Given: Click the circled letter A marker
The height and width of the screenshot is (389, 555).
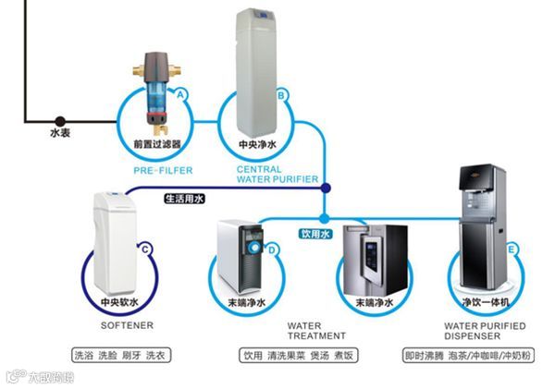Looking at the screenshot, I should click(x=181, y=94).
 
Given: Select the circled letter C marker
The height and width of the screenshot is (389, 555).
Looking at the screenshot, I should click(x=144, y=247).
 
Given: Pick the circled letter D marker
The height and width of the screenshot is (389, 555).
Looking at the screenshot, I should click(x=272, y=249).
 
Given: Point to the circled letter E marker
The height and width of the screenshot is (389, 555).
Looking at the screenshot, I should click(x=512, y=248).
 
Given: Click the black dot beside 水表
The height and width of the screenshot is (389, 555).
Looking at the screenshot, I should click(x=59, y=120).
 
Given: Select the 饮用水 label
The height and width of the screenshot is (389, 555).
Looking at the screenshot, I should click(x=316, y=235).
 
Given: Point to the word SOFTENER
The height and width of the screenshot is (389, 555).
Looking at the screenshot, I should click(x=126, y=326).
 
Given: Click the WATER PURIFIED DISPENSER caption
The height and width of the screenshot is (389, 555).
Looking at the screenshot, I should click(x=485, y=331).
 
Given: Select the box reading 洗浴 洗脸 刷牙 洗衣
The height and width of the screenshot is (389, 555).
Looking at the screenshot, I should click(x=122, y=355).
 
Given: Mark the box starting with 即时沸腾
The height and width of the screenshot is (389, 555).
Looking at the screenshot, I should click(x=478, y=355).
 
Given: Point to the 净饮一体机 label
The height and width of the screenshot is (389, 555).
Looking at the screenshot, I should click(x=485, y=302).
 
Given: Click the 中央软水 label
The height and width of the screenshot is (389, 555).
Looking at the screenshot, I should click(x=119, y=302).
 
